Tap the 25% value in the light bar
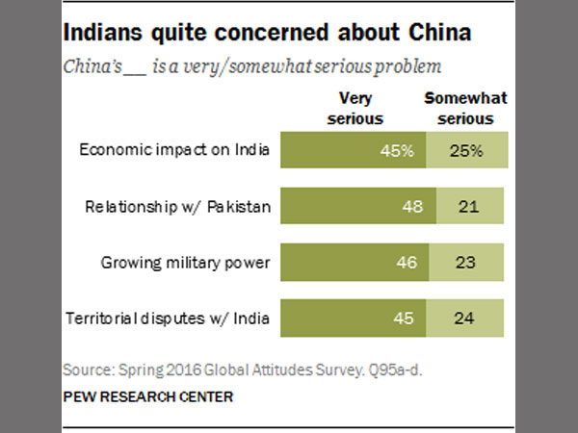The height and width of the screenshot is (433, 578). [465, 151]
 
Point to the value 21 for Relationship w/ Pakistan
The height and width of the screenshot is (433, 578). [464, 207]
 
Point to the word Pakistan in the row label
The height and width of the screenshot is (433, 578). [232, 206]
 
